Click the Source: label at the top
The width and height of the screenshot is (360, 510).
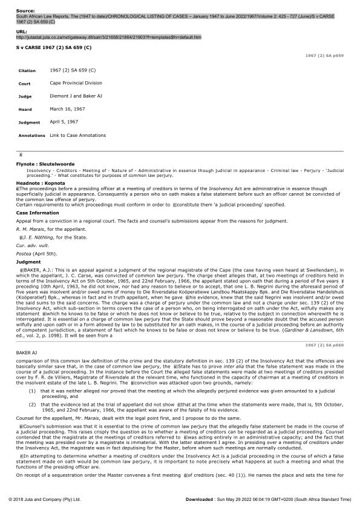pyautogui.click(x=25, y=11)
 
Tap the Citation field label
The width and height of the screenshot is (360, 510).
pyautogui.click(x=27, y=71)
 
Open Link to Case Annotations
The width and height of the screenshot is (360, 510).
pyautogui.click(x=77, y=135)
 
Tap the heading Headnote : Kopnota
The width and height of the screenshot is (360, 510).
pyautogui.click(x=41, y=184)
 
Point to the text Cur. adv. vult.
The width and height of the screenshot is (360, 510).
pyautogui.click(x=28, y=247)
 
